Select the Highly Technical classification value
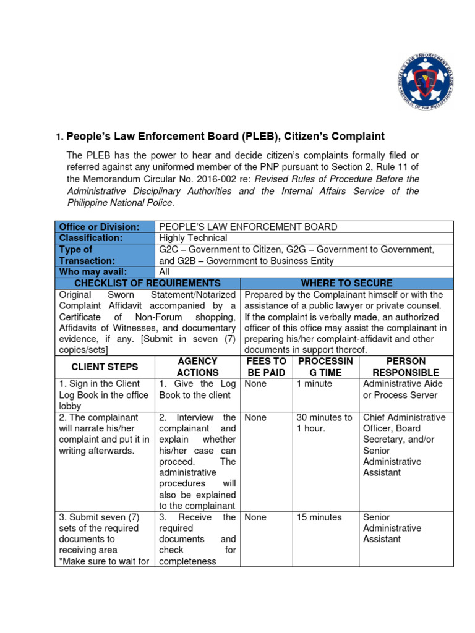pos(194,238)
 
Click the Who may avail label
pos(93,272)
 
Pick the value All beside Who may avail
pos(165,272)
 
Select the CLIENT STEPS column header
pos(105,367)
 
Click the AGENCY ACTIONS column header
pos(197,367)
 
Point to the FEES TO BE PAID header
pos(267,367)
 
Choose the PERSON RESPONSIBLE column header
pos(406,367)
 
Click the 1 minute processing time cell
pos(314,384)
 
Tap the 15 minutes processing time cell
pos(319,517)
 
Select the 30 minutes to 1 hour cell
pos(324,423)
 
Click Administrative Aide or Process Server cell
pos(403,389)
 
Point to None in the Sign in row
pos(255,384)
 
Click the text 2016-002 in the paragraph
pos(188,179)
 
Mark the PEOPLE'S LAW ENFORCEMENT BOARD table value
pos(248,227)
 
